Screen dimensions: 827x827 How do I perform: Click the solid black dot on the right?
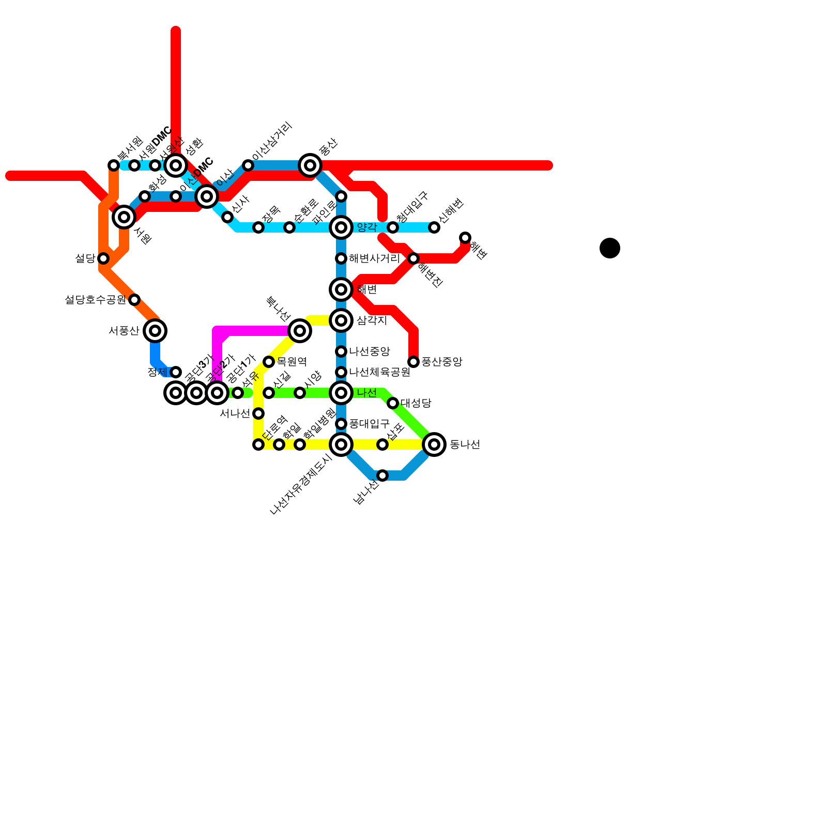click(610, 248)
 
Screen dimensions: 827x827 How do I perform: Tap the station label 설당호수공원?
click(95, 300)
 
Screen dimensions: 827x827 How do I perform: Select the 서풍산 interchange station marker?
click(155, 331)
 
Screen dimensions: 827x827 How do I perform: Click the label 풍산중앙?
click(441, 362)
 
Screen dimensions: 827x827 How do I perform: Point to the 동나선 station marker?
click(434, 445)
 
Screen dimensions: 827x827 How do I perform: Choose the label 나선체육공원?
click(379, 372)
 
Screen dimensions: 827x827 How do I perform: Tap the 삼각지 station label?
click(372, 320)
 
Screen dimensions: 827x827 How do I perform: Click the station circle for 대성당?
click(393, 403)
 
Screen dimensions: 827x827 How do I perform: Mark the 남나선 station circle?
click(382, 476)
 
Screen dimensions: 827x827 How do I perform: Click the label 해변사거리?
click(374, 258)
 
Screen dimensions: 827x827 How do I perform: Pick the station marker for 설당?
click(103, 258)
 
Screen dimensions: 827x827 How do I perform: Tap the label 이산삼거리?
click(272, 141)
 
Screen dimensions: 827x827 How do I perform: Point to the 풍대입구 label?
click(369, 424)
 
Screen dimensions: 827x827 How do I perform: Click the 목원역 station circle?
click(269, 362)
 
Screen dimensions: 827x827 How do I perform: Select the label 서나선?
click(235, 413)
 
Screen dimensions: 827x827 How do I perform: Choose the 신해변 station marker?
click(434, 227)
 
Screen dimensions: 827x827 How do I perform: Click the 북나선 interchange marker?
click(300, 331)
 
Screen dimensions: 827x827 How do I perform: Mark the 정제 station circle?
click(176, 372)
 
